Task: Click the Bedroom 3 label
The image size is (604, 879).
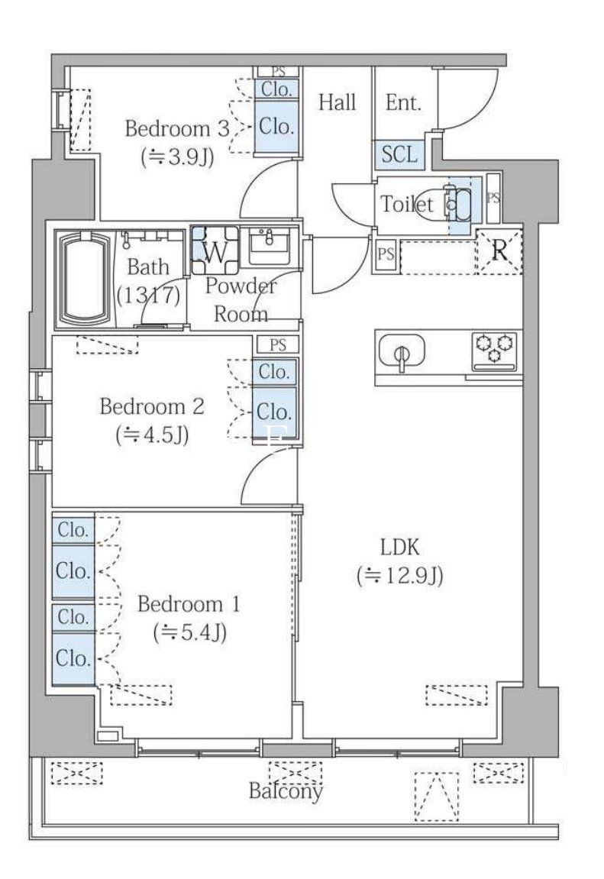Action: tap(177, 128)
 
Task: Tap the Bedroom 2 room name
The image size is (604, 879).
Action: tap(152, 406)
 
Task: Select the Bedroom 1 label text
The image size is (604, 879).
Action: tap(189, 604)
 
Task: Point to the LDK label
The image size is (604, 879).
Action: tap(400, 547)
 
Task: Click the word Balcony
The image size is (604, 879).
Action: tap(286, 791)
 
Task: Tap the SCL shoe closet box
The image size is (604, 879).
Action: tap(399, 154)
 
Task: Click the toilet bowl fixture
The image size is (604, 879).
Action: tap(457, 205)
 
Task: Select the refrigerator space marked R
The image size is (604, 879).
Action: tap(499, 251)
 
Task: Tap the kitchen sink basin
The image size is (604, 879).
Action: tap(401, 351)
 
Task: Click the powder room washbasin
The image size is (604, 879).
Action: tap(270, 245)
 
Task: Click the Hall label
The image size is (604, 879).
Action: tap(338, 102)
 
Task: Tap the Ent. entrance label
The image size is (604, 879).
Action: tap(403, 102)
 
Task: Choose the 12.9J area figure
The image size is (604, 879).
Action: tap(400, 576)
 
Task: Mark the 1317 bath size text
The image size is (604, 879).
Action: tap(148, 294)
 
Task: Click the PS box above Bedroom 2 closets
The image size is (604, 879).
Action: tap(278, 344)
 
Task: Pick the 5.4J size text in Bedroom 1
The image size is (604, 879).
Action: tap(190, 633)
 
